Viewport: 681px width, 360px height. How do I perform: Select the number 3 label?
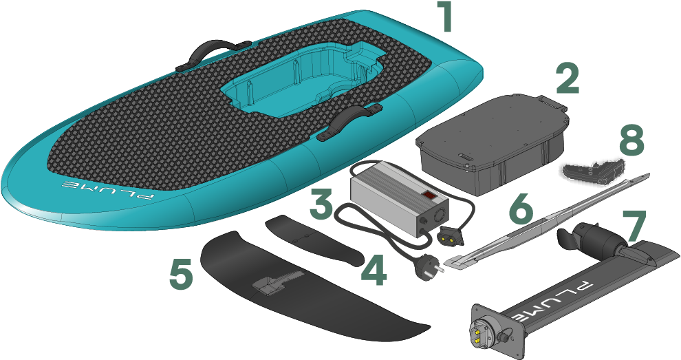325,204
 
